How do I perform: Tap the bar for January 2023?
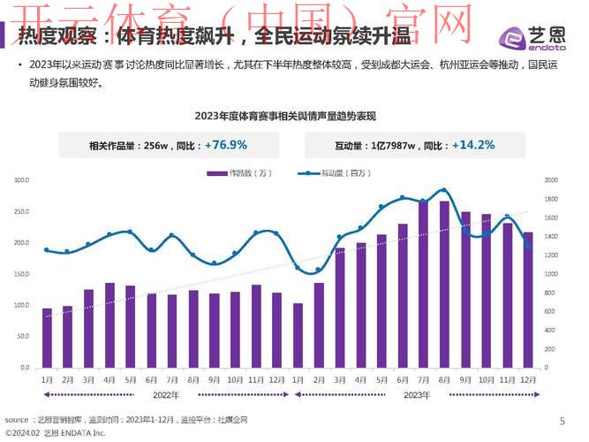298,335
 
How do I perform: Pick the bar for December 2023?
527,300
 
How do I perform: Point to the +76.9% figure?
225,144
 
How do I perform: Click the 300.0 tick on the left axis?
21,180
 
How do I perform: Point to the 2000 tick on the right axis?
551,180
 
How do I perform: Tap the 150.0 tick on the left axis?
21,274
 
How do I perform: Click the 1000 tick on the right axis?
551,274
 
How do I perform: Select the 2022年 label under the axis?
166,394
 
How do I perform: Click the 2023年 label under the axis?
416,394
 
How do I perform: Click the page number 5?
563,421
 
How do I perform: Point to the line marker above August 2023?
444,191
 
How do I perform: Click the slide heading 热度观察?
53,38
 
